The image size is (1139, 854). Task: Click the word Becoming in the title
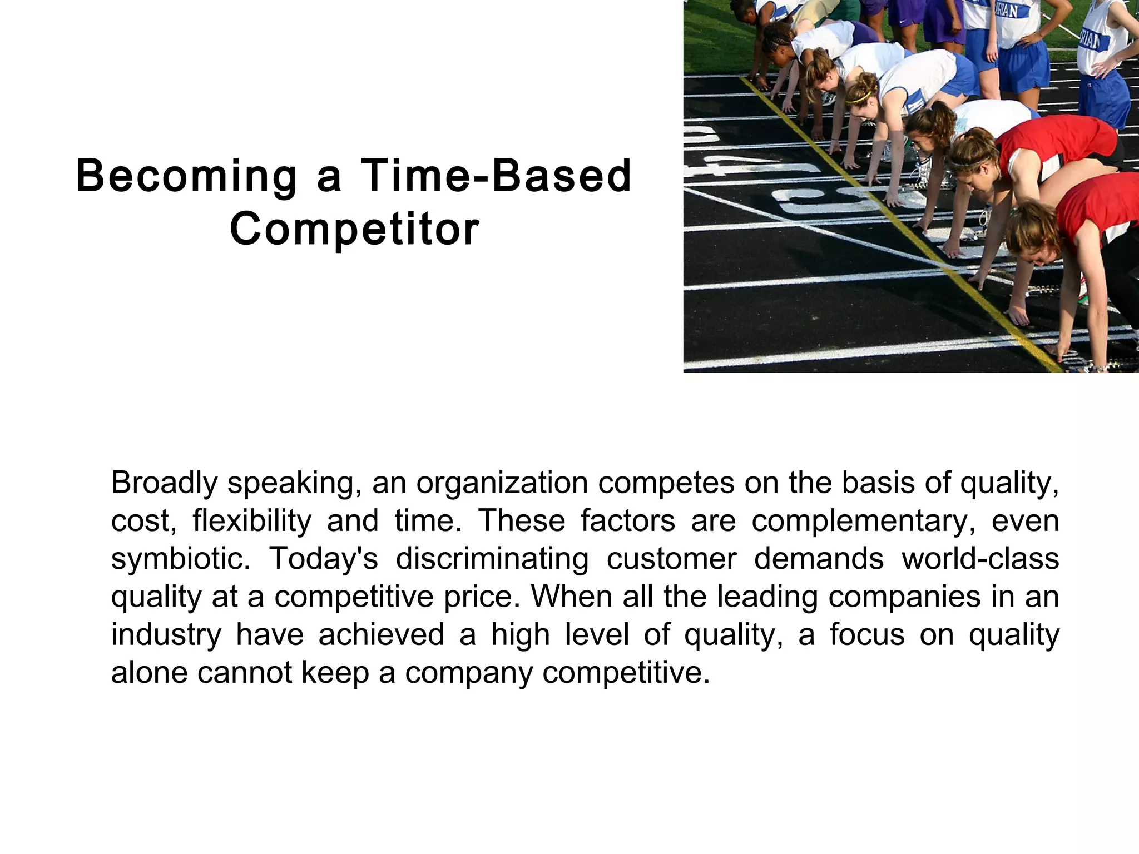pos(186,177)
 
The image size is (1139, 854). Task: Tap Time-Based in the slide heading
pos(496,176)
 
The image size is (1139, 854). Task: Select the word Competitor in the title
pos(354,229)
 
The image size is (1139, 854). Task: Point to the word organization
pos(502,484)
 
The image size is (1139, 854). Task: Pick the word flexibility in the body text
pos(252,521)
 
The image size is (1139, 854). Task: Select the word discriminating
pos(492,559)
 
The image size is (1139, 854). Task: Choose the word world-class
pos(980,559)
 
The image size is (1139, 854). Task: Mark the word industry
pos(166,635)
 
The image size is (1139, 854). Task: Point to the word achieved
pos(382,635)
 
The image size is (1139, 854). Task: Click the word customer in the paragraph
pos(672,559)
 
